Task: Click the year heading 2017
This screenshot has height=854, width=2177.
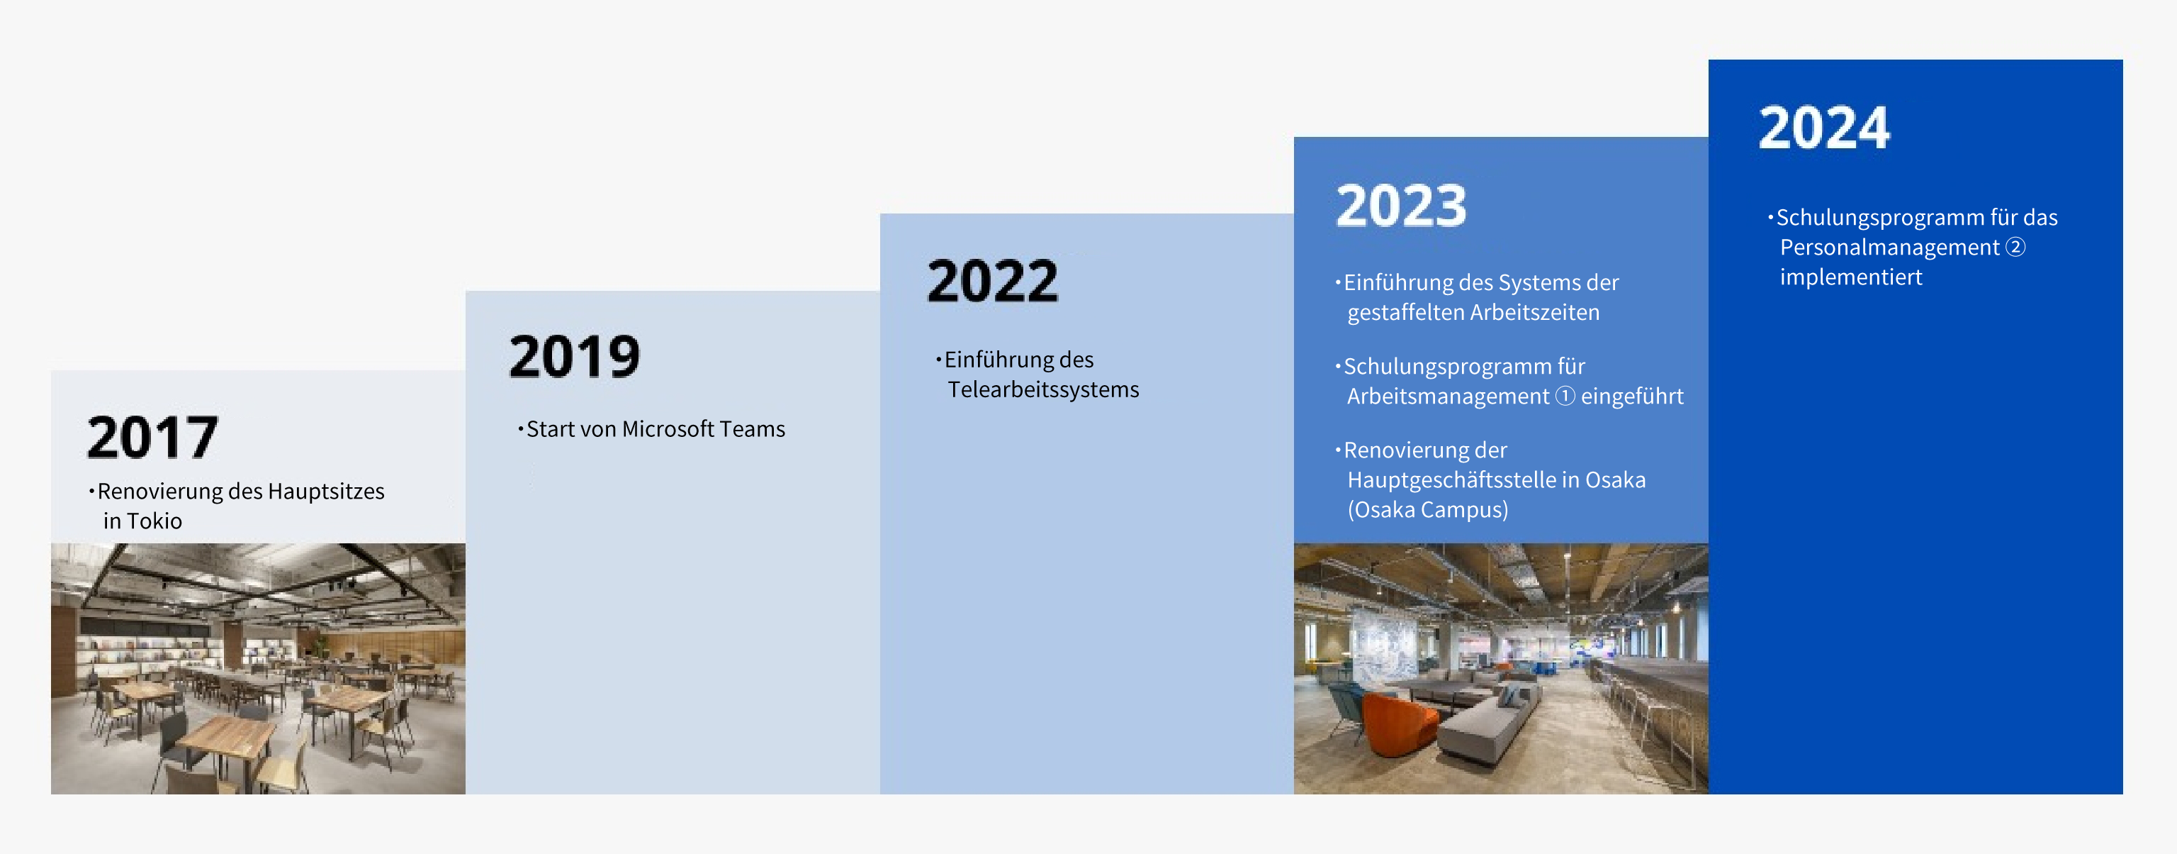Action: tap(153, 437)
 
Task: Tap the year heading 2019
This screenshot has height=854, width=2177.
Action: tap(575, 357)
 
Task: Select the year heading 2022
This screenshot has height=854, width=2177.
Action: tap(992, 281)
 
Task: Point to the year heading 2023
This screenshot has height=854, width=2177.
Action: tap(1401, 206)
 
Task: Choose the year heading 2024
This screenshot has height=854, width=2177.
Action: tap(1824, 128)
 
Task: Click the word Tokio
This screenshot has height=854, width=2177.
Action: tap(154, 521)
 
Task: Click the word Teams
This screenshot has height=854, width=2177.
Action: tap(753, 430)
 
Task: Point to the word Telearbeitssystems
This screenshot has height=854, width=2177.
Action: tap(1043, 390)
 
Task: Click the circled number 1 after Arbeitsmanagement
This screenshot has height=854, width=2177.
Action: tap(1565, 396)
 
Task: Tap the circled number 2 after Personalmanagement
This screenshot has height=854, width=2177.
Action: tap(2015, 247)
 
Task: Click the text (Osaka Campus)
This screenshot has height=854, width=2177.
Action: tap(1427, 510)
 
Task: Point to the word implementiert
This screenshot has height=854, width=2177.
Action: tap(1851, 277)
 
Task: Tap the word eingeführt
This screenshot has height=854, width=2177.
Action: tap(1632, 396)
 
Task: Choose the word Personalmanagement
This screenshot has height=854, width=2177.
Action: tap(1890, 248)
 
